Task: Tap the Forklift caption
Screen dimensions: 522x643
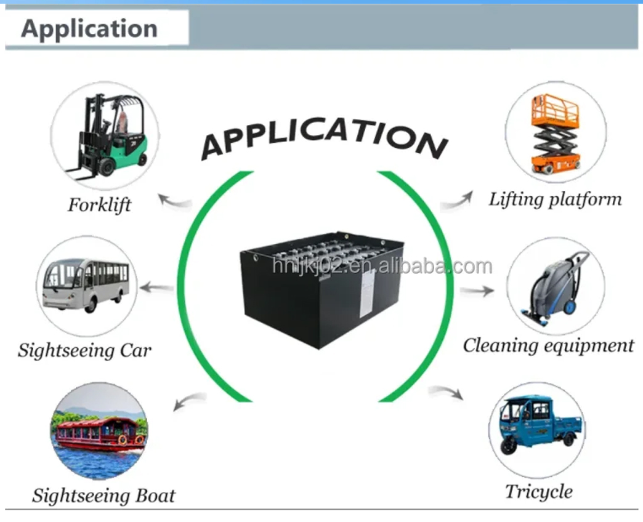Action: (99, 204)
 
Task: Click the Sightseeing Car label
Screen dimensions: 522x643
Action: (84, 351)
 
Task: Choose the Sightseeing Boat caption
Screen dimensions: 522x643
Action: (103, 496)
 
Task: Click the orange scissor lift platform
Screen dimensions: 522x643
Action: (555, 134)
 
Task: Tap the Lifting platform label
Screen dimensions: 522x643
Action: (555, 199)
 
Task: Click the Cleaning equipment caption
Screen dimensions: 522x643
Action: (548, 345)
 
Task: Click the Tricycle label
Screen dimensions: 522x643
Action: (538, 492)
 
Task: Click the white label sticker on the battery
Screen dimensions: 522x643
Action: (366, 294)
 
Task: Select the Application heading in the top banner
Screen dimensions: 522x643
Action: (90, 29)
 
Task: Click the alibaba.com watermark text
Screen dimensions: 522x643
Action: (382, 267)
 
